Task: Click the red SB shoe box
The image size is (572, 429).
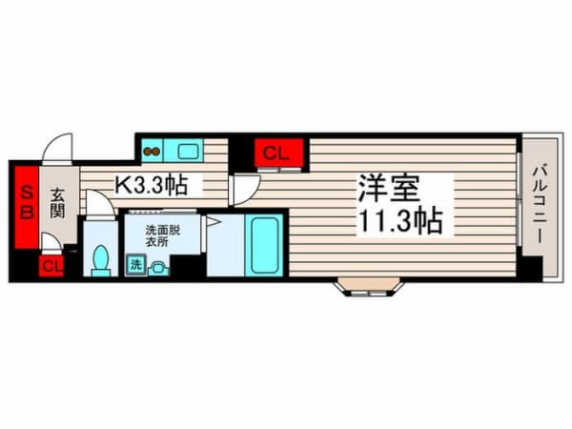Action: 27,207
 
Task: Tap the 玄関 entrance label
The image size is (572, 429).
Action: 57,203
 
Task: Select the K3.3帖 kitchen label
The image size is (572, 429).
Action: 152,185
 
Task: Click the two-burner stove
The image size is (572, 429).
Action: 152,151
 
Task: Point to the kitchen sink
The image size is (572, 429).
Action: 188,151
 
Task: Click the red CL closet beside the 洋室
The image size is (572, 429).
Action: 279,153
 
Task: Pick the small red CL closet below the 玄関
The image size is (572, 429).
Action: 51,266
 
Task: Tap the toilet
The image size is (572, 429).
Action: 101,261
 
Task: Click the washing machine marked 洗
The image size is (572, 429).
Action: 136,265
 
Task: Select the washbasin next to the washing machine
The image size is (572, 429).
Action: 158,269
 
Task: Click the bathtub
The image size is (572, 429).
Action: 264,245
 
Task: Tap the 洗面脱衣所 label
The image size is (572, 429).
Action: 163,236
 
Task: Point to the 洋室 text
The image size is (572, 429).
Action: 389,188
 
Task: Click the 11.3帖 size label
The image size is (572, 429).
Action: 401,220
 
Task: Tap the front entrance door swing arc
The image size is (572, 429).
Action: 56,148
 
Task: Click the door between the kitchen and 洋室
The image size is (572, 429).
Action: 245,191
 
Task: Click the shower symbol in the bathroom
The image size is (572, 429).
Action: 214,222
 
